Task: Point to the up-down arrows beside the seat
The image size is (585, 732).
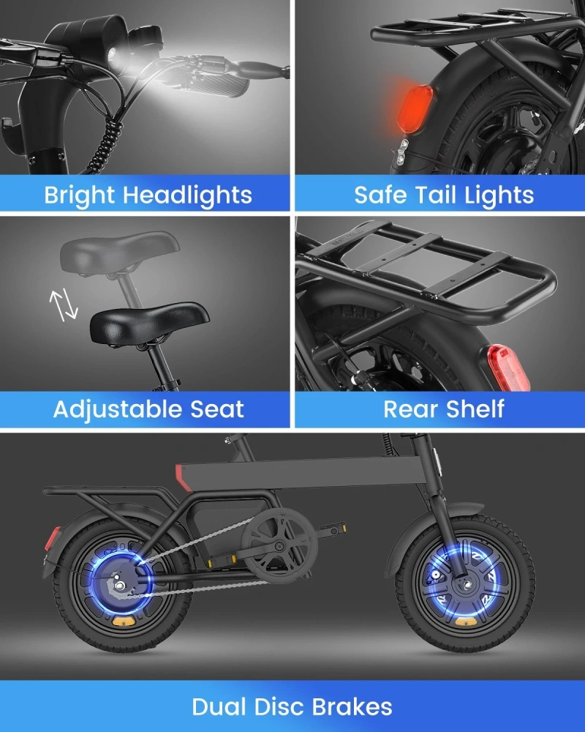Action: click(63, 305)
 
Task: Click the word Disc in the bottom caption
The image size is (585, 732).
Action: click(283, 707)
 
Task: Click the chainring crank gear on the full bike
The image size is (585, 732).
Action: click(276, 546)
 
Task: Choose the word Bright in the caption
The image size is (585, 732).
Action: click(79, 195)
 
